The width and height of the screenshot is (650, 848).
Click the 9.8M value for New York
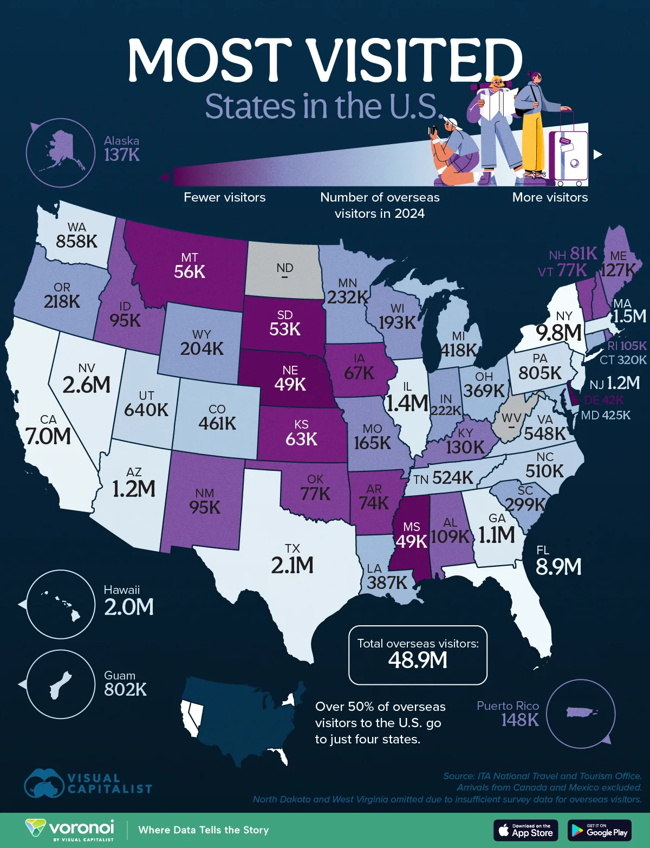pyautogui.click(x=558, y=333)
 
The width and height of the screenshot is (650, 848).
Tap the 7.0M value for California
pyautogui.click(x=48, y=436)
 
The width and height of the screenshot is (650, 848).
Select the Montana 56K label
pyautogui.click(x=190, y=271)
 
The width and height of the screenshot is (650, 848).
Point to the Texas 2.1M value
pyautogui.click(x=292, y=565)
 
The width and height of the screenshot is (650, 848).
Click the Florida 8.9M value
pyautogui.click(x=558, y=567)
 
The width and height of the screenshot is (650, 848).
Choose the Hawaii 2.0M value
pyautogui.click(x=129, y=607)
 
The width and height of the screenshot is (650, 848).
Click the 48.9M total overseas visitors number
pyautogui.click(x=418, y=660)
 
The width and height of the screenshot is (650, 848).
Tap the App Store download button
pyautogui.click(x=525, y=830)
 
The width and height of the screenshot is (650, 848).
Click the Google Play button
pyautogui.click(x=600, y=830)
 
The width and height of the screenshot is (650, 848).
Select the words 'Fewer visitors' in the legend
pyautogui.click(x=224, y=197)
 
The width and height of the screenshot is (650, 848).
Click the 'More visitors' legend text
pyautogui.click(x=550, y=197)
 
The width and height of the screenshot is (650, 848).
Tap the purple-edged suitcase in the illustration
pyautogui.click(x=568, y=155)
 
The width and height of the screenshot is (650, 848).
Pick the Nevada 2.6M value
pyautogui.click(x=87, y=385)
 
